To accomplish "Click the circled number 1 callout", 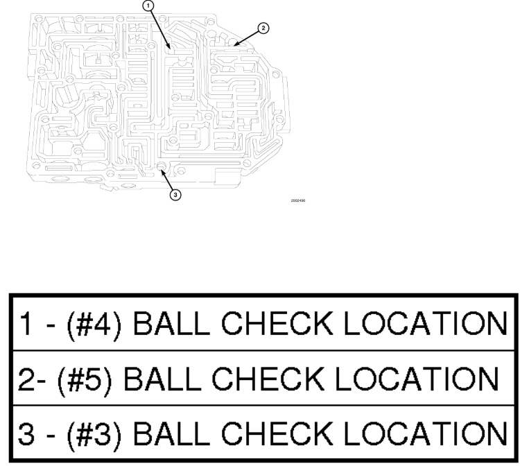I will click(x=147, y=5).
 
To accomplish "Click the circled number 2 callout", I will click(x=263, y=28).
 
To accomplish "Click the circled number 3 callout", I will click(x=175, y=195).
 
